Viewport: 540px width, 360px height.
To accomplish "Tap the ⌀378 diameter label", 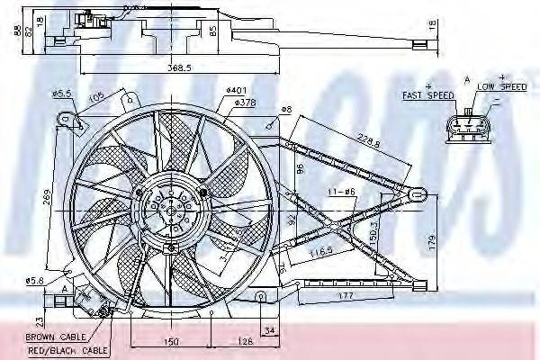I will tap(245, 103).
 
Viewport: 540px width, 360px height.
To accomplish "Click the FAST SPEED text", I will tap(428, 94).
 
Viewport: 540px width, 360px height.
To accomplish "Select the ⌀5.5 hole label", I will tap(61, 93).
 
